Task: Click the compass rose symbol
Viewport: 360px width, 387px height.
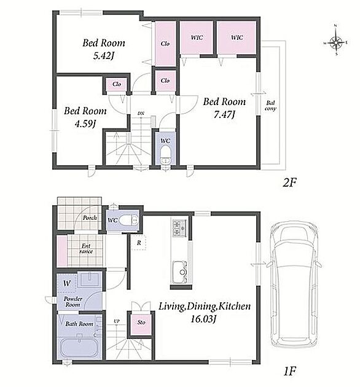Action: coord(336,42)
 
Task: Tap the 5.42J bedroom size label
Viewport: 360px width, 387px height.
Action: coord(104,57)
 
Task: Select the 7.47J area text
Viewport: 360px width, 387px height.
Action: coord(224,115)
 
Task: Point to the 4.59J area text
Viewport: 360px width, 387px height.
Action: coord(85,124)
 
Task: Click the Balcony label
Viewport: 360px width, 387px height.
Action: coord(271,106)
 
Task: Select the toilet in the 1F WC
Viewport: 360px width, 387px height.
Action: coord(128,220)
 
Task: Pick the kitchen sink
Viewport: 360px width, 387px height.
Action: coord(180,272)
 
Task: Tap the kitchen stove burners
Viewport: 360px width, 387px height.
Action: coord(179,228)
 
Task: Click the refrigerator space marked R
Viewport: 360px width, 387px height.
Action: coord(139,243)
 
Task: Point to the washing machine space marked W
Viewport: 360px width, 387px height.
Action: coord(67,283)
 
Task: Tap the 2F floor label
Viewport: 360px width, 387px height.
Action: coord(289,183)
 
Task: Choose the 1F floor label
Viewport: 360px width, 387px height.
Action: coord(289,370)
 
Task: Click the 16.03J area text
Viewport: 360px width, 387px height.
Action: coord(203,319)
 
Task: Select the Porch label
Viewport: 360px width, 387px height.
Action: coord(89,217)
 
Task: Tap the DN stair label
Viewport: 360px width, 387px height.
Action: coord(141,114)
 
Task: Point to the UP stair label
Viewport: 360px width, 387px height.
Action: coord(117,321)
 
